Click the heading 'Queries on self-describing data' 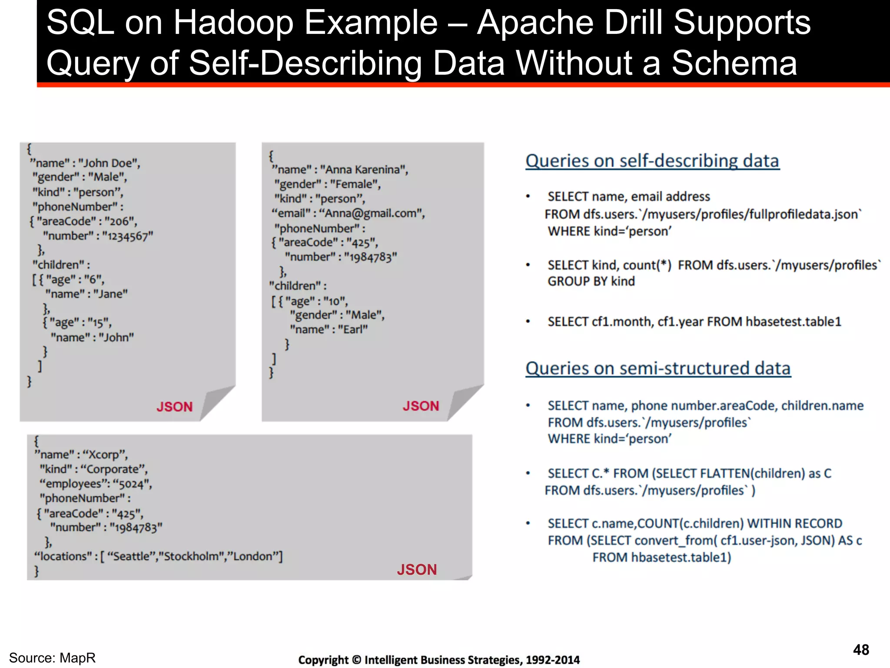pyautogui.click(x=652, y=161)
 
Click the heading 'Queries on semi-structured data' pyautogui.click(x=658, y=369)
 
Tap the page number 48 pyautogui.click(x=860, y=650)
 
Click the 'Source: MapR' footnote pyautogui.click(x=52, y=658)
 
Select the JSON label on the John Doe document pyautogui.click(x=174, y=407)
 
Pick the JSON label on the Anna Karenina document pyautogui.click(x=421, y=406)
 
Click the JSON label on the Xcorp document pyautogui.click(x=416, y=569)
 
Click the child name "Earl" pyautogui.click(x=353, y=330)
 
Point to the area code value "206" pyautogui.click(x=120, y=221)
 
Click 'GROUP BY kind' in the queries pyautogui.click(x=591, y=281)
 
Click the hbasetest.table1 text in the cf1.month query pyautogui.click(x=793, y=322)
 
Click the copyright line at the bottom pyautogui.click(x=438, y=660)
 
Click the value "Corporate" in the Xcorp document pyautogui.click(x=115, y=469)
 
